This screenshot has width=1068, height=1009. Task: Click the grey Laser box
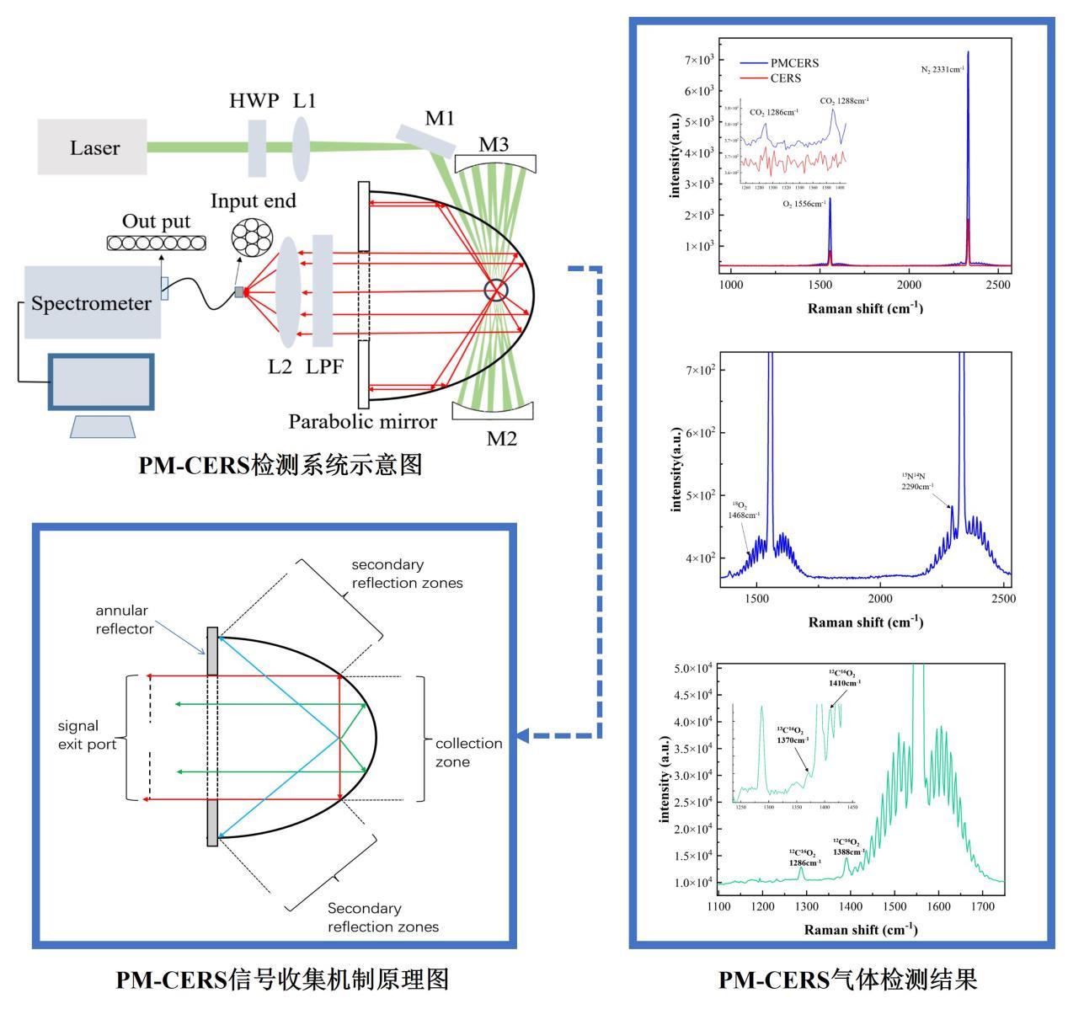coord(92,147)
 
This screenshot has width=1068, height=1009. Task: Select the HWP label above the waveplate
coord(254,102)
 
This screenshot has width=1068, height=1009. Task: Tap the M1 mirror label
coord(440,119)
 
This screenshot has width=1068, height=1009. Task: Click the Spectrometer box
coord(92,303)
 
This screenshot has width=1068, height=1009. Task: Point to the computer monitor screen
coord(101,382)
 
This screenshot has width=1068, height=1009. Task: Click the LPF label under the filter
coord(325,366)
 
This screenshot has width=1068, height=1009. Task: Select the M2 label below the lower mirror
coord(501,438)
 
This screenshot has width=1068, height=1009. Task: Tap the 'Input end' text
coord(254,201)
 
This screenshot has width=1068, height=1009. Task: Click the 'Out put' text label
coord(157,222)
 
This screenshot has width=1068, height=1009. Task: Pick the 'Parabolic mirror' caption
coord(363,420)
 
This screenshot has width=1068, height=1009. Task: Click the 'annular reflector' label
coord(122,619)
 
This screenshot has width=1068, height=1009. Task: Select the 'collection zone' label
coord(468,752)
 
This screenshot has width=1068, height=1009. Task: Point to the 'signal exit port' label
coord(87,734)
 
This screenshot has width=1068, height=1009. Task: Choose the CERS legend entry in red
coord(786,77)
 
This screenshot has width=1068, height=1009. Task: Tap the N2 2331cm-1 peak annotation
coord(943,69)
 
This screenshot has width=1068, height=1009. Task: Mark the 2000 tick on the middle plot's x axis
coord(880,598)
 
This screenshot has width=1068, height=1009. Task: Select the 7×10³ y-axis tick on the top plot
coord(699,60)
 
